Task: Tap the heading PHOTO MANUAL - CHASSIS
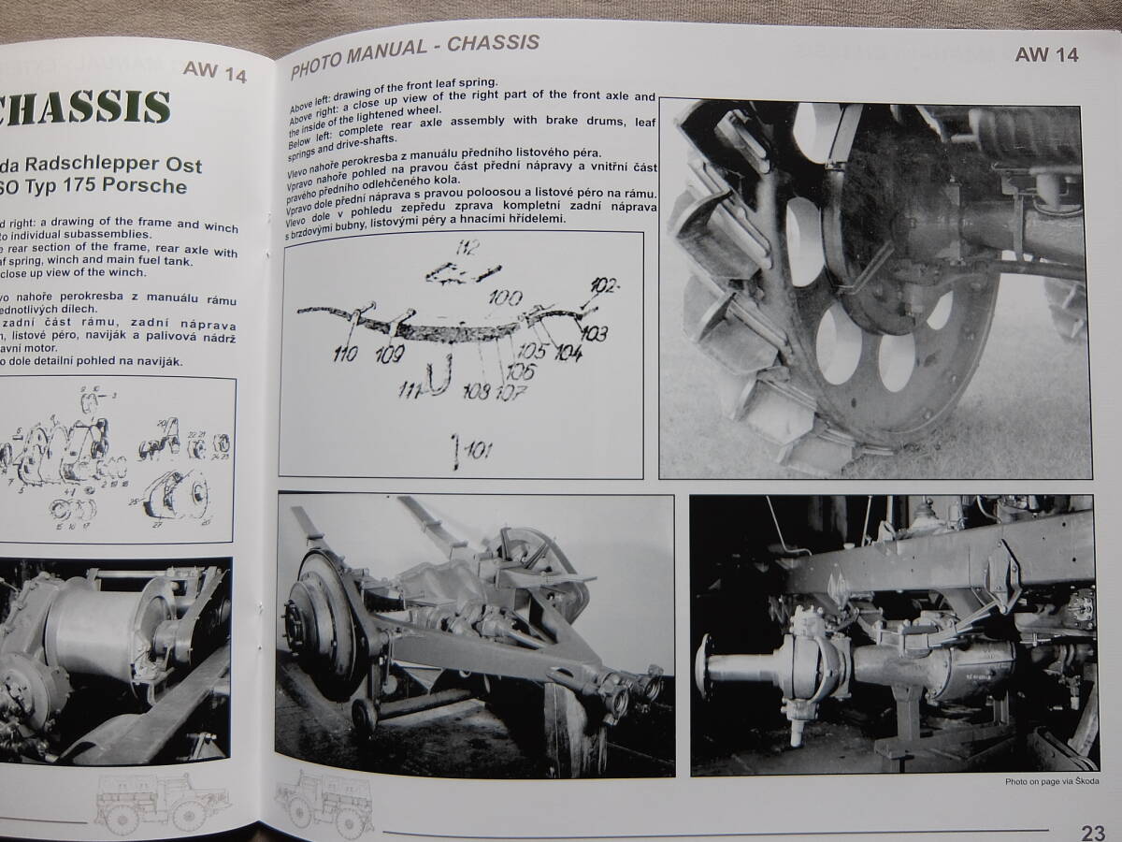(414, 55)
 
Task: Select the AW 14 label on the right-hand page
(1046, 55)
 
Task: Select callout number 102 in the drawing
(605, 286)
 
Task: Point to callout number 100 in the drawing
(507, 299)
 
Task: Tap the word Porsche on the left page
(143, 186)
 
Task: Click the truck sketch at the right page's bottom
(323, 803)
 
